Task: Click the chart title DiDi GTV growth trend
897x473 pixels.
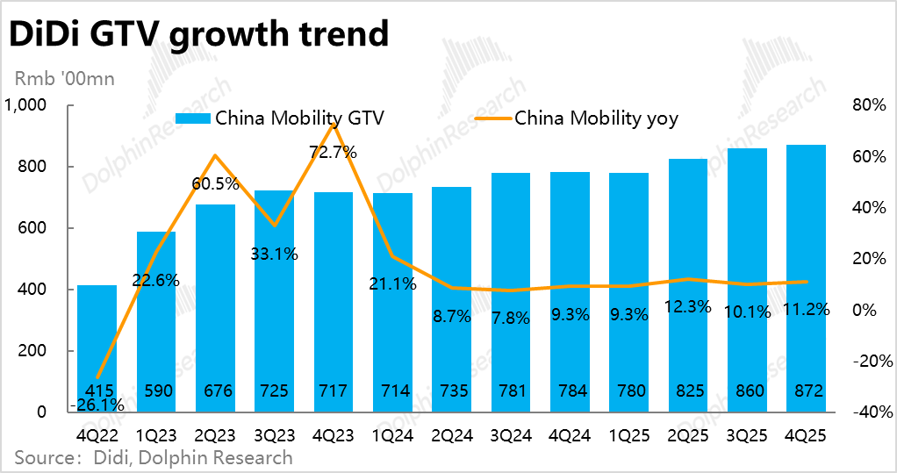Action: tap(198, 35)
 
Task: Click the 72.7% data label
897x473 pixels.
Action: tap(333, 152)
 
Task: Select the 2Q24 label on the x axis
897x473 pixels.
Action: tap(451, 434)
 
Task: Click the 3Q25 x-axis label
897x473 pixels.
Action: tap(747, 434)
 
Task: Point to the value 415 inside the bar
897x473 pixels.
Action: tap(97, 391)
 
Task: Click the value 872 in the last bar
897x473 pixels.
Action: tap(805, 391)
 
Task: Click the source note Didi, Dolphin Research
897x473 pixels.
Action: tap(154, 457)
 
